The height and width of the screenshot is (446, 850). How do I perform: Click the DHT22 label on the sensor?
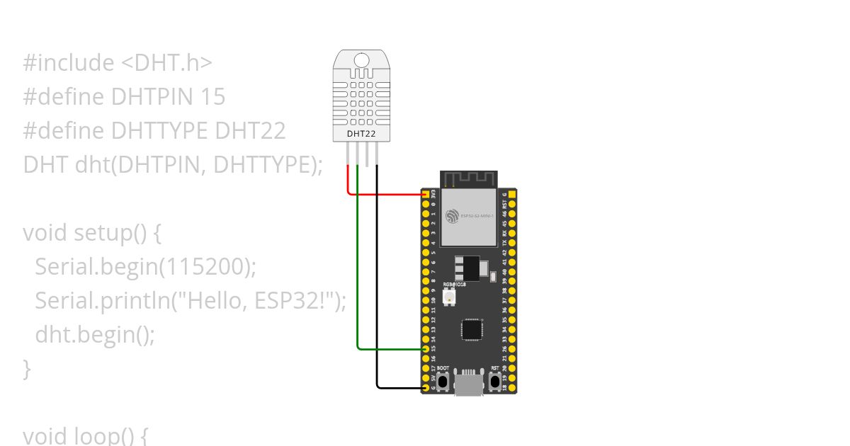[x=361, y=133]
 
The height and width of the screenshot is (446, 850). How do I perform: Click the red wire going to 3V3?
[x=382, y=193]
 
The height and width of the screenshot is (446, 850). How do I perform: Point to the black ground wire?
[x=377, y=283]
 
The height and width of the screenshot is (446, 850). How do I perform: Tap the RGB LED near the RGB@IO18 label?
[x=448, y=298]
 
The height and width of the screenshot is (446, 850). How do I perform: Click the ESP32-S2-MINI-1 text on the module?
[x=477, y=215]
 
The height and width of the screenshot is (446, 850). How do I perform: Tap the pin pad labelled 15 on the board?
[x=425, y=349]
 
